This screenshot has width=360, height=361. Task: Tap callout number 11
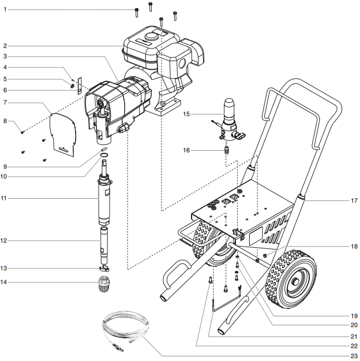click(x=5, y=198)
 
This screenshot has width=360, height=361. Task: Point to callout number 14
click(x=5, y=282)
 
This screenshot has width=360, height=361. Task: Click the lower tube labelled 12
click(x=104, y=243)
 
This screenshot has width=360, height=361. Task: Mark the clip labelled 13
click(x=104, y=269)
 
